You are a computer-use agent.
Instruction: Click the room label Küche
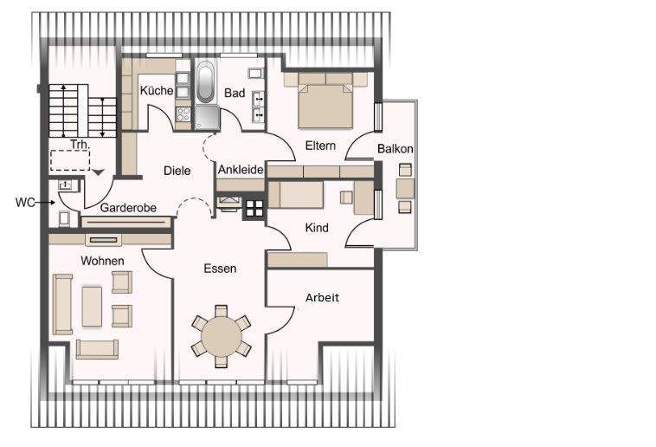[x=157, y=90]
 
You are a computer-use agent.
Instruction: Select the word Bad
[x=235, y=93]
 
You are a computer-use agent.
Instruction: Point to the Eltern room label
[x=320, y=146]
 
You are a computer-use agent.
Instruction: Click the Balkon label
[x=395, y=149]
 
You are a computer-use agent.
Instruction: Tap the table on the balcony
[x=404, y=188]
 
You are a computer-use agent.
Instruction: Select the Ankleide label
[x=241, y=170]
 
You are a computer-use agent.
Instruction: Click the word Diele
[x=177, y=171]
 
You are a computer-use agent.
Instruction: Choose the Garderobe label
[x=128, y=208]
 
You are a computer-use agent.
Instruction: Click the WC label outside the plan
[x=25, y=203]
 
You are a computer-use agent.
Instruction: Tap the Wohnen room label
[x=102, y=260]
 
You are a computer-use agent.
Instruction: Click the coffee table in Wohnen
[x=92, y=306]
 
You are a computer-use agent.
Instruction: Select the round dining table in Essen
[x=222, y=336]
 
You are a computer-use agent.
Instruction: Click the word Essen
[x=220, y=269]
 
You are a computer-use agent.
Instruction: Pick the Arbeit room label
[x=322, y=297]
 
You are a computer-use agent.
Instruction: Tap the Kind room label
[x=318, y=227]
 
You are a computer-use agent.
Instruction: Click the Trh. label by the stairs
[x=80, y=145]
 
